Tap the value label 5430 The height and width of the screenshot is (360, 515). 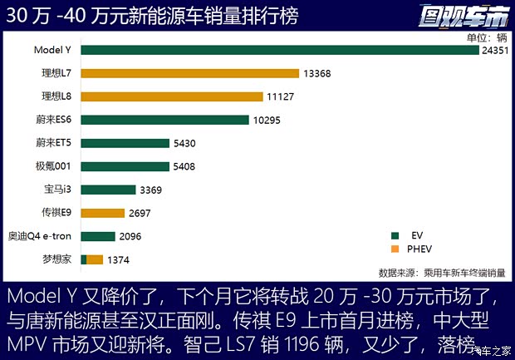(x=185, y=143)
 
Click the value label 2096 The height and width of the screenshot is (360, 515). (x=130, y=236)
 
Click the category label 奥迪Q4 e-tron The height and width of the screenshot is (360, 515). (x=40, y=236)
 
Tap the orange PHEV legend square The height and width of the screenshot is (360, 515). (x=393, y=249)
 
